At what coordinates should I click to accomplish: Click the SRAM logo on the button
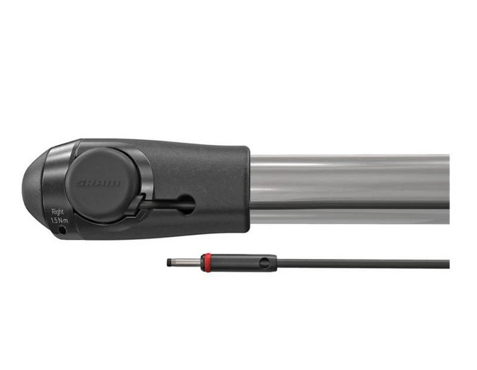98,183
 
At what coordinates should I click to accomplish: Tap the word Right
58,211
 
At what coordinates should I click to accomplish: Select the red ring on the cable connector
206,263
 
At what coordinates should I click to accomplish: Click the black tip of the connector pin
169,263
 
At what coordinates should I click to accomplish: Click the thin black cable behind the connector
358,263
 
